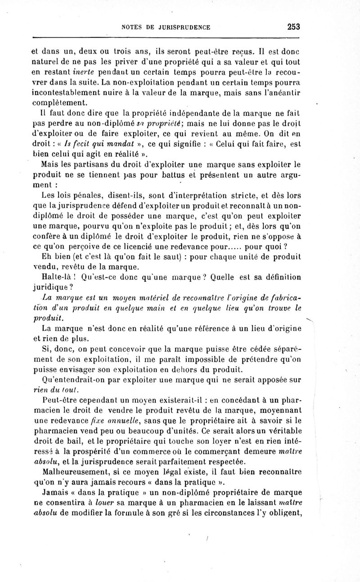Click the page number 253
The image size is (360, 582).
(293, 27)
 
